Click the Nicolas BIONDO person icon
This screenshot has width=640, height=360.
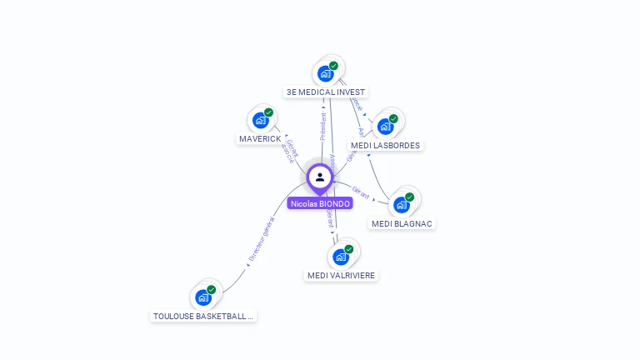point(319,177)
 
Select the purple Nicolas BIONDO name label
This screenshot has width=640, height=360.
point(320,203)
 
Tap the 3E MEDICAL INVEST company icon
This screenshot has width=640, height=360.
point(325,73)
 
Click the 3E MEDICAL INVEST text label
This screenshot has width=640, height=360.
point(325,92)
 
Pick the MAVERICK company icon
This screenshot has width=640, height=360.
point(261,120)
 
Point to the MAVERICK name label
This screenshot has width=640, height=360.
point(260,138)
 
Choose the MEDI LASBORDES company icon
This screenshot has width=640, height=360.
point(385,127)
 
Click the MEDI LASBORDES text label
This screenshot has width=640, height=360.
point(386,145)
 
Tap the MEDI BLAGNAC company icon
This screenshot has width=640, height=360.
point(402,205)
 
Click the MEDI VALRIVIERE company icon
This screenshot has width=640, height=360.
point(341,257)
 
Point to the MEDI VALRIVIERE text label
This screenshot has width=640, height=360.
point(342,275)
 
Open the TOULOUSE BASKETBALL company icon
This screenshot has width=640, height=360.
point(203,297)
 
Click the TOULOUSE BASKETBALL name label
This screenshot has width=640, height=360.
point(203,316)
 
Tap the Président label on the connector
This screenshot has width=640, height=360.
point(323,126)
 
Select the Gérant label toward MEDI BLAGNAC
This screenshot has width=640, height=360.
point(361,192)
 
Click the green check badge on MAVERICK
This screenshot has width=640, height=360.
point(268,112)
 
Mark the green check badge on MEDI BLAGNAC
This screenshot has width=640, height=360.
point(409,197)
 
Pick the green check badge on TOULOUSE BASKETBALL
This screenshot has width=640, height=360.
point(211,290)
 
